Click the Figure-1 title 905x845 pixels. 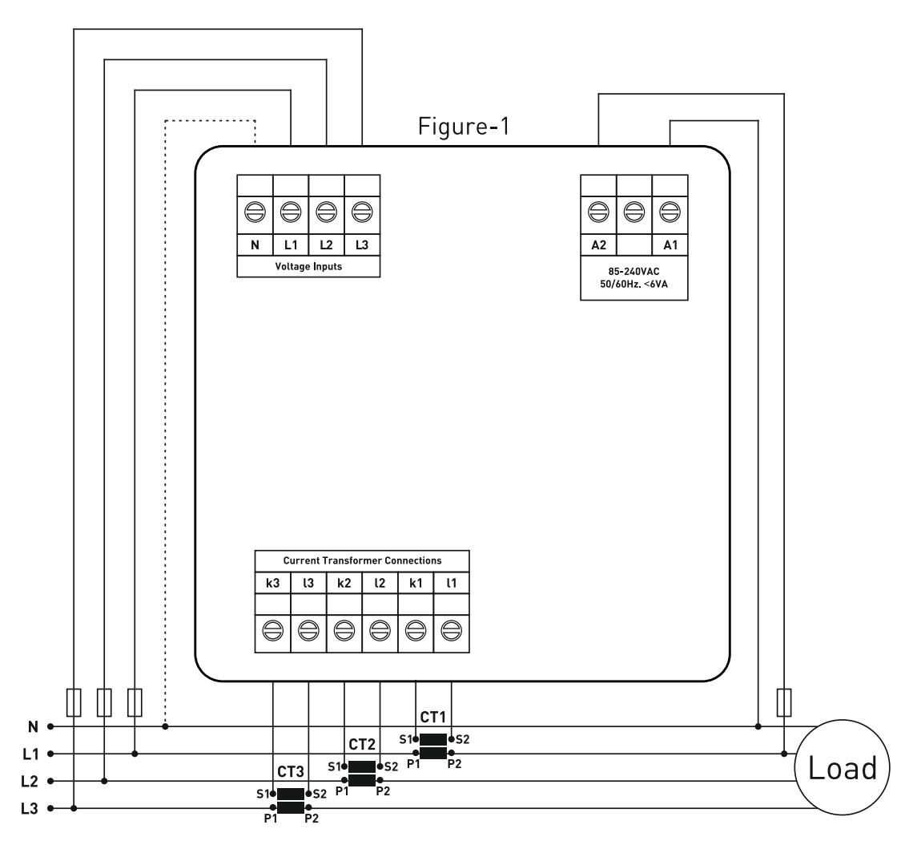(x=464, y=127)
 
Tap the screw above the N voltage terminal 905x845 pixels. (x=255, y=212)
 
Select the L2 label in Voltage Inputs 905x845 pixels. (x=326, y=245)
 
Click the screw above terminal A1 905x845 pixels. (x=670, y=212)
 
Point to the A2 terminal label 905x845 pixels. (x=598, y=245)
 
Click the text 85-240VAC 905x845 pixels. (x=633, y=272)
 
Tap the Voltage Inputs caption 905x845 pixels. (x=308, y=266)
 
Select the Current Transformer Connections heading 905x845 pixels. (x=362, y=560)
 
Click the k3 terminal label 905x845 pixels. (x=272, y=583)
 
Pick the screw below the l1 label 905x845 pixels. (x=451, y=631)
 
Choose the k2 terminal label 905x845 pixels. (x=344, y=583)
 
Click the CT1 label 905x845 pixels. (x=432, y=717)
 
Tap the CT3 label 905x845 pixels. (x=290, y=772)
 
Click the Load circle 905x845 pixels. (x=842, y=767)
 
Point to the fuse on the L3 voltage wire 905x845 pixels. (x=74, y=702)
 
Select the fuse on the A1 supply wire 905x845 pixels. (x=784, y=702)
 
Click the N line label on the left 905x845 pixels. (x=33, y=726)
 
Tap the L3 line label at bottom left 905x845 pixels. (x=30, y=809)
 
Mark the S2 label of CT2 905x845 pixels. (x=392, y=767)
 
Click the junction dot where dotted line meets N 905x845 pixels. (x=165, y=726)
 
